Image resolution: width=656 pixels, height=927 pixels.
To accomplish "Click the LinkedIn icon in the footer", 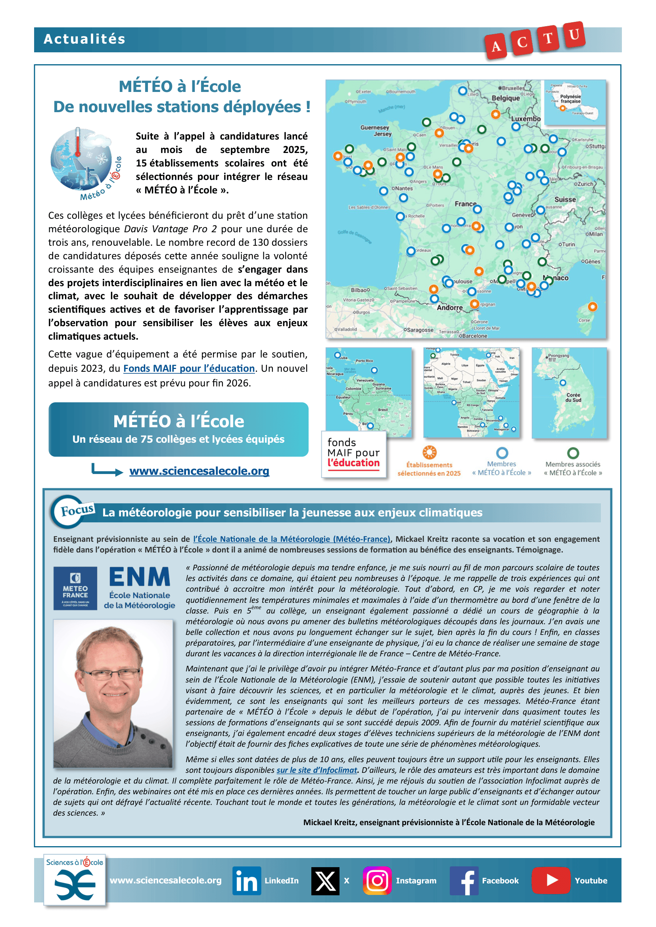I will click(x=246, y=881).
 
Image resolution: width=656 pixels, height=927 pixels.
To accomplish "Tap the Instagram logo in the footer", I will click(x=377, y=881).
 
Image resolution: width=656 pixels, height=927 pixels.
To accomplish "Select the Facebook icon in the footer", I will click(x=464, y=881).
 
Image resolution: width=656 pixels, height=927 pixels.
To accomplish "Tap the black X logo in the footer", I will click(x=325, y=881).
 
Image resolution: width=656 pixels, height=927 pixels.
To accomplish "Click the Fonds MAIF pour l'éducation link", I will click(x=189, y=369).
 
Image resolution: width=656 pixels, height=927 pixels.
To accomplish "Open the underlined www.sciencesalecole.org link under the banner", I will click(x=199, y=471).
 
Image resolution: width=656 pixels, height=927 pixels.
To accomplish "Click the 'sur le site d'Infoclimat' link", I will click(x=316, y=770).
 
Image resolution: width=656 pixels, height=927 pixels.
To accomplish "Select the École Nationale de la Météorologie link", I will click(x=291, y=539).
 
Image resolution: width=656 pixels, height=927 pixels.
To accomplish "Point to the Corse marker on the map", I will click(x=592, y=307).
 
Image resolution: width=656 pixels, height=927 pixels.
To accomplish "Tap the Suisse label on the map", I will click(x=565, y=199).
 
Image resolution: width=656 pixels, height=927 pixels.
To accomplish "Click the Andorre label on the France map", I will click(x=450, y=308).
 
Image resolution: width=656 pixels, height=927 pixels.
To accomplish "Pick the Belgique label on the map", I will click(x=505, y=98).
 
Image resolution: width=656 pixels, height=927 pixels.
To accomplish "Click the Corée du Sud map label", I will click(x=573, y=397).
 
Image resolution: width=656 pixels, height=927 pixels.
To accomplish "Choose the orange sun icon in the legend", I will click(x=430, y=452).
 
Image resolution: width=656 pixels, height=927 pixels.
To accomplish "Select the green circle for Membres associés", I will click(x=573, y=453).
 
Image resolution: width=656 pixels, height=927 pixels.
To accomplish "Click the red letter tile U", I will click(x=574, y=35).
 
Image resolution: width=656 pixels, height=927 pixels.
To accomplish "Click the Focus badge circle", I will click(x=68, y=512).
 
